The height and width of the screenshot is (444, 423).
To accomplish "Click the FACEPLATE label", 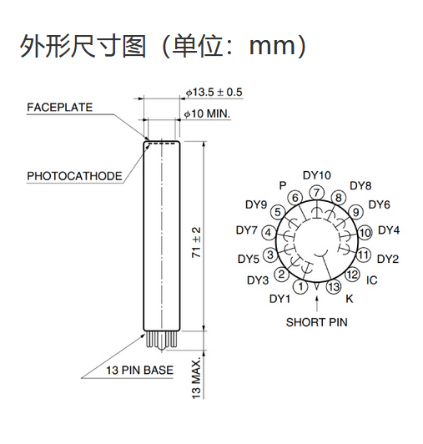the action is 60,108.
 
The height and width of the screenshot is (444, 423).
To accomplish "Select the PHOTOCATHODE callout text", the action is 74,176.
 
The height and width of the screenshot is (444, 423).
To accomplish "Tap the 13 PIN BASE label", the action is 139,370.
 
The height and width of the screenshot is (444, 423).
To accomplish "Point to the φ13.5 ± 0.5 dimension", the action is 214,93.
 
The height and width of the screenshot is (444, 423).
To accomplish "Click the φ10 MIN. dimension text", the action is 207,114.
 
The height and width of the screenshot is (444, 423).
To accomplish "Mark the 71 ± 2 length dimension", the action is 196,242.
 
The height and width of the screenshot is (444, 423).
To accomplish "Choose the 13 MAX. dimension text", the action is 196,378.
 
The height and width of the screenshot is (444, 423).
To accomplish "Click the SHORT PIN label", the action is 316,322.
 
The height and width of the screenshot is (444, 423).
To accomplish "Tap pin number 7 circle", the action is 316,193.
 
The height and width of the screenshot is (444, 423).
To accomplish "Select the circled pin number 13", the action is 334,287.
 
